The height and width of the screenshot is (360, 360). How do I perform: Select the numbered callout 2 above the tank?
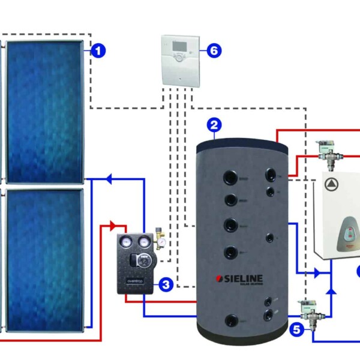[214, 125]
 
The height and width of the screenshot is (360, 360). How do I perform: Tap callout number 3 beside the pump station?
[167, 283]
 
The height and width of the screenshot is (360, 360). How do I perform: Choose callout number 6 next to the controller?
[213, 50]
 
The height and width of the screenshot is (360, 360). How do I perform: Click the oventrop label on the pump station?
[136, 280]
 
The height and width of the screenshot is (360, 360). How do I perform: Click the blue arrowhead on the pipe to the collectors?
[109, 178]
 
